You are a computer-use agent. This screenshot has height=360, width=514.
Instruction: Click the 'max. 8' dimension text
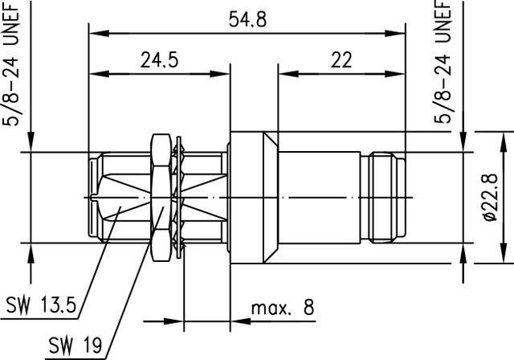click(281, 307)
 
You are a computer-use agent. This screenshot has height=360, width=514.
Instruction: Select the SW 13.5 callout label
click(40, 305)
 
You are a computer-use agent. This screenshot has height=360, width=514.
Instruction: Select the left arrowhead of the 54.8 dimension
click(93, 34)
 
